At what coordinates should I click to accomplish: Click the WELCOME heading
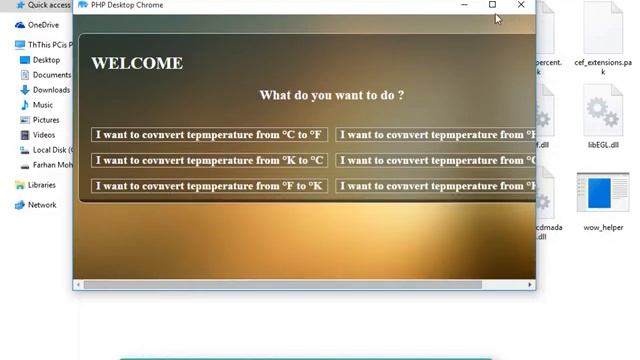click(137, 63)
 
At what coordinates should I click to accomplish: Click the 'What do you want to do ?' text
click(331, 95)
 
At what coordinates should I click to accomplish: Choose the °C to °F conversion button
click(209, 135)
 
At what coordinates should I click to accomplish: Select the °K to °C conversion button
click(209, 160)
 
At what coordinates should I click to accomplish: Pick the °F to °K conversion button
click(209, 186)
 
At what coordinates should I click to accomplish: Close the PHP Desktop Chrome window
click(521, 5)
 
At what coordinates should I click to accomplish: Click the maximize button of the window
click(492, 5)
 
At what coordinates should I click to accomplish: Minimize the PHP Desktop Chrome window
click(464, 5)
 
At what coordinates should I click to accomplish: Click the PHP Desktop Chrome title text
click(127, 5)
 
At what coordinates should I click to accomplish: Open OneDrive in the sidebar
click(43, 25)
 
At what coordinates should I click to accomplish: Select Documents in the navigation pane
click(51, 75)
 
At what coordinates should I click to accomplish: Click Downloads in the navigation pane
click(51, 90)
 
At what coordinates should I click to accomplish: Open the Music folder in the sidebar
click(43, 105)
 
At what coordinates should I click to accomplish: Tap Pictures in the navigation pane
click(46, 120)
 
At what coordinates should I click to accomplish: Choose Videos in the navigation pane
click(44, 135)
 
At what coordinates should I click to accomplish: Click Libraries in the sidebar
click(42, 185)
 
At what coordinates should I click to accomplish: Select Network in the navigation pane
click(42, 205)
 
